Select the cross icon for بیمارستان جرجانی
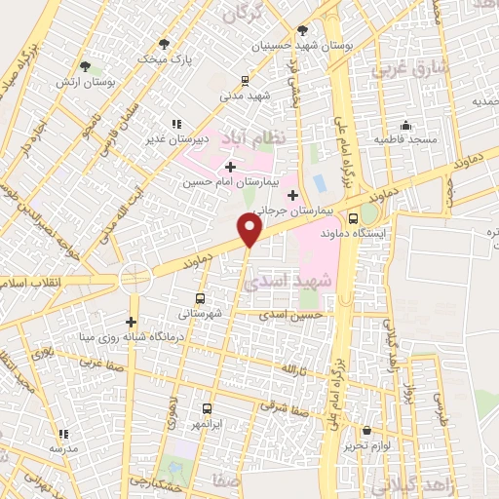[x=292, y=195]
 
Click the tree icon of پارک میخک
[x=164, y=43]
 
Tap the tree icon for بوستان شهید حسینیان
[x=302, y=30]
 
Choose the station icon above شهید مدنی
[x=246, y=81]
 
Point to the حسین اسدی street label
[x=290, y=315]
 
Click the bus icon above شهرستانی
[x=200, y=299]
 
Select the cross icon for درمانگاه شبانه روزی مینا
[x=131, y=322]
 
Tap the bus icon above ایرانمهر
[x=207, y=409]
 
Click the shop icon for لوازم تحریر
[x=366, y=431]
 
